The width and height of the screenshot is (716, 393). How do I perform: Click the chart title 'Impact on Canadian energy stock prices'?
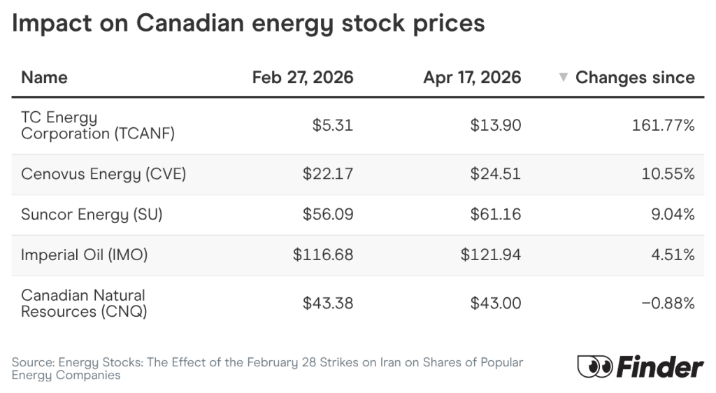click(248, 23)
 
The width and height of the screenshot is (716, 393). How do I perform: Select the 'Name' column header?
click(44, 77)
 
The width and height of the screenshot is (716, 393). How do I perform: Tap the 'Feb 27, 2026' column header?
click(303, 77)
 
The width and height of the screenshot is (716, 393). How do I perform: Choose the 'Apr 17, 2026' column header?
click(472, 77)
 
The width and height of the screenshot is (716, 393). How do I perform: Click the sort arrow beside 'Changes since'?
click(564, 78)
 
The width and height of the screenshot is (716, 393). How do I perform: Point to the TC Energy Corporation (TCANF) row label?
click(97, 126)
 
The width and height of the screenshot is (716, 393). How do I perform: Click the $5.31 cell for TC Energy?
click(333, 126)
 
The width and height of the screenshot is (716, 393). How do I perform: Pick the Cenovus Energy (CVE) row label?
click(103, 174)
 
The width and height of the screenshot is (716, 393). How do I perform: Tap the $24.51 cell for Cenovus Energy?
click(496, 174)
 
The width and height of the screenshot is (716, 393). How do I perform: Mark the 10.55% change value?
click(668, 174)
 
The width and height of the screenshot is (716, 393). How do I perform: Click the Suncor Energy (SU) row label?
click(92, 215)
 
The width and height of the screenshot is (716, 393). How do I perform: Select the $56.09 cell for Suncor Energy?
click(328, 215)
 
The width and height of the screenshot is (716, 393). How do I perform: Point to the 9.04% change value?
click(672, 215)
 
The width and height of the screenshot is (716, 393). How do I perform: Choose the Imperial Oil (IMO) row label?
click(85, 255)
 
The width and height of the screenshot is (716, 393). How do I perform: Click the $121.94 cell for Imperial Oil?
click(491, 255)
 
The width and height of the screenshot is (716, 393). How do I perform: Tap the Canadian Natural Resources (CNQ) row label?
click(84, 303)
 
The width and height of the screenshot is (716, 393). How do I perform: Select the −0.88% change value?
click(668, 303)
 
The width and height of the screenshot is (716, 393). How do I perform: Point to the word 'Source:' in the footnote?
click(33, 363)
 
